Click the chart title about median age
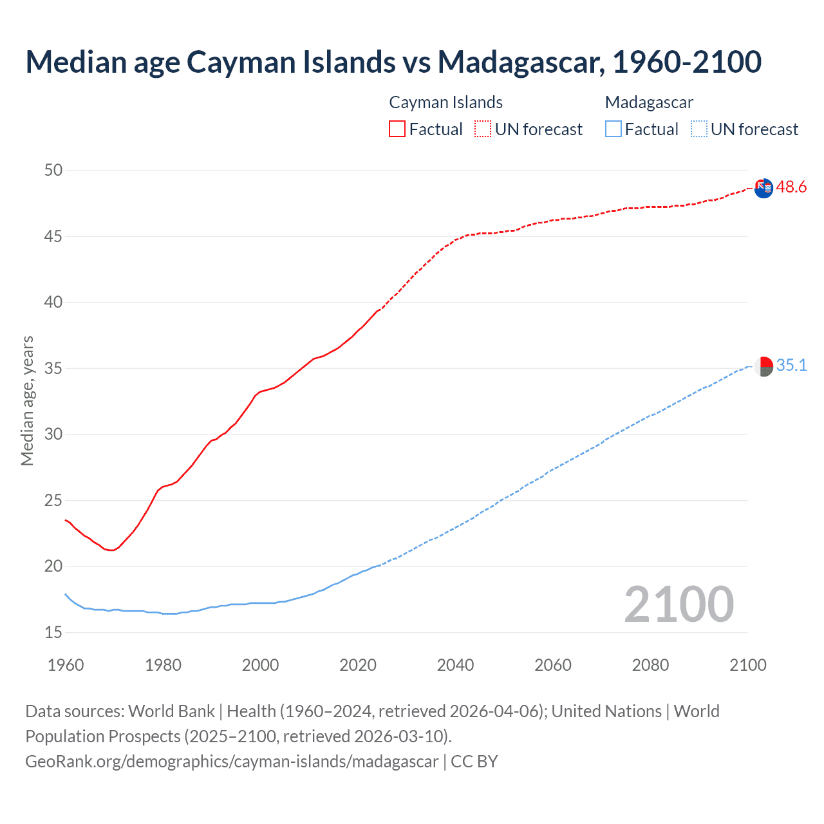tap(393, 62)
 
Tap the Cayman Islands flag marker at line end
tap(763, 189)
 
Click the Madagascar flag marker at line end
tap(763, 366)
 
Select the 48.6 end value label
tap(791, 187)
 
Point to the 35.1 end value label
tap(791, 366)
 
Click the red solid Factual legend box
tap(397, 129)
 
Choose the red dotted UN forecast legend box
tap(483, 129)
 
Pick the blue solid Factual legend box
tap(613, 129)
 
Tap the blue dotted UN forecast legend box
tap(698, 129)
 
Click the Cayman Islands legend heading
tap(445, 102)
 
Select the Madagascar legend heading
tap(649, 102)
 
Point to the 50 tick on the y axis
tap(53, 170)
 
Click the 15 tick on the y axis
tap(53, 632)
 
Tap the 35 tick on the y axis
tap(53, 368)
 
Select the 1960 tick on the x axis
tap(66, 665)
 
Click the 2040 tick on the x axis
tap(455, 665)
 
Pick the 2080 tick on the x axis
tap(650, 665)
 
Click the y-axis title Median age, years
tap(27, 400)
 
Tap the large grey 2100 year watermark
tap(679, 604)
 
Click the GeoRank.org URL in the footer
tap(232, 762)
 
